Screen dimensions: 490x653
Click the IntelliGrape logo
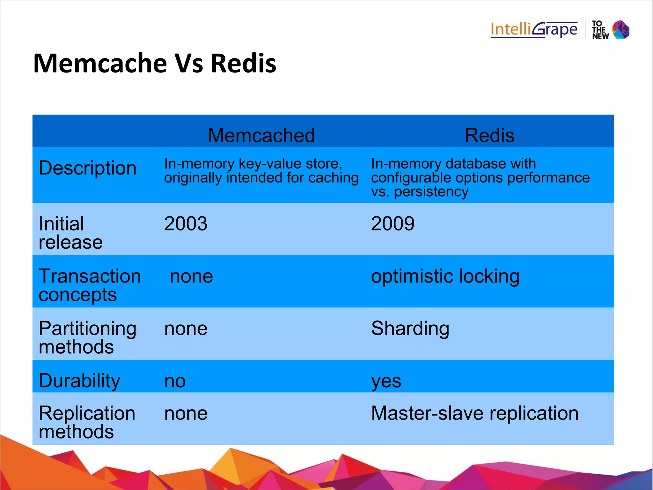pyautogui.click(x=534, y=30)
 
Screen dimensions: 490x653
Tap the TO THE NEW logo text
pyautogui.click(x=600, y=30)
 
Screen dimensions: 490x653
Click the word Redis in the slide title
pyautogui.click(x=243, y=63)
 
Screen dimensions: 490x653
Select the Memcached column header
pyautogui.click(x=261, y=135)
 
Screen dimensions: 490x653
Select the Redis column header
pyautogui.click(x=489, y=135)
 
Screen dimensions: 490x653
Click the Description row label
pyautogui.click(x=87, y=168)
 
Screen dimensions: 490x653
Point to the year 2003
pyautogui.click(x=186, y=223)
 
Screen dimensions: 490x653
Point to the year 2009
pyautogui.click(x=393, y=223)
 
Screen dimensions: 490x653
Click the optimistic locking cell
pyautogui.click(x=445, y=276)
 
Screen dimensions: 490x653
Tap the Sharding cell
pyautogui.click(x=410, y=328)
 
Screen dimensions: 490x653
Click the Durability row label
pyautogui.click(x=79, y=381)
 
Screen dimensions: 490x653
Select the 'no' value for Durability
pyautogui.click(x=175, y=381)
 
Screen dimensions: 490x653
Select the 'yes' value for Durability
pyautogui.click(x=386, y=381)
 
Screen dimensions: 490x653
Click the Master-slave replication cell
pyautogui.click(x=474, y=413)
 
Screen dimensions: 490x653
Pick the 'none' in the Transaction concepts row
pyautogui.click(x=191, y=276)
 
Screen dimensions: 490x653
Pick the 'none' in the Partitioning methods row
pyautogui.click(x=186, y=329)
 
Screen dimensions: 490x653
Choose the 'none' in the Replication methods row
pyautogui.click(x=186, y=413)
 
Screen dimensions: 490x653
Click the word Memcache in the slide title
pyautogui.click(x=100, y=63)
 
